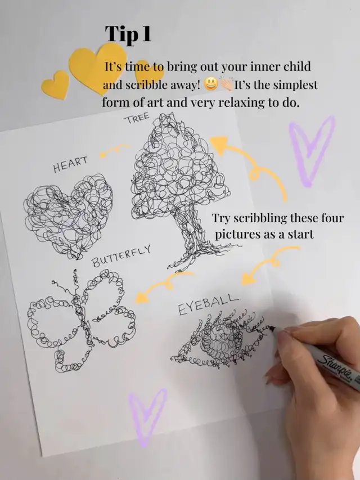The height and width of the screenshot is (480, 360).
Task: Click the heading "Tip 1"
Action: [x=128, y=34]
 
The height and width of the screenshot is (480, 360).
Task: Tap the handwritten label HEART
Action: [x=70, y=164]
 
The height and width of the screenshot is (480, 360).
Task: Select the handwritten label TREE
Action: [x=137, y=118]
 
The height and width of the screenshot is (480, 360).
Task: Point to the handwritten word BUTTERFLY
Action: [x=121, y=256]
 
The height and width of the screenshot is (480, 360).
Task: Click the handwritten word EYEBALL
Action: [x=208, y=304]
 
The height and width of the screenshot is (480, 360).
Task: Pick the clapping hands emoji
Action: [x=227, y=84]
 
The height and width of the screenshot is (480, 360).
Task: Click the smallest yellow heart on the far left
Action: [x=56, y=84]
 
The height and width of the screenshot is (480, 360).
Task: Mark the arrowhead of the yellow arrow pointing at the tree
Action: [x=219, y=144]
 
